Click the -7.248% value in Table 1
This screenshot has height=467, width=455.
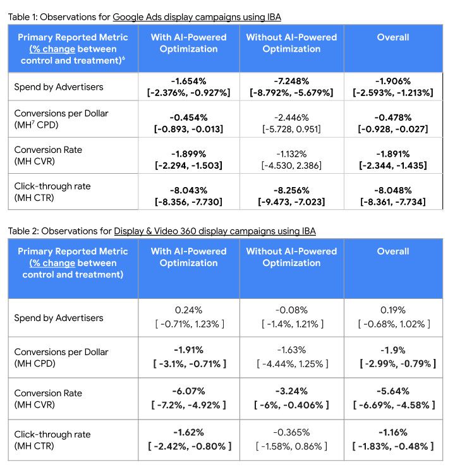pyautogui.click(x=291, y=81)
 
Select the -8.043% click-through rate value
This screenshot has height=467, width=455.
pyautogui.click(x=188, y=190)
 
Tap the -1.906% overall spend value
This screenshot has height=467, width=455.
pyautogui.click(x=393, y=81)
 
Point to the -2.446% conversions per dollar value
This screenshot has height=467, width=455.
pyautogui.click(x=291, y=118)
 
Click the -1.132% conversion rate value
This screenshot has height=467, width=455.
pyautogui.click(x=291, y=154)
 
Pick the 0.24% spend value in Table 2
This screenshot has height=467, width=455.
pyautogui.click(x=188, y=310)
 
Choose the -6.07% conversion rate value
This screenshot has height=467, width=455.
pyautogui.click(x=188, y=391)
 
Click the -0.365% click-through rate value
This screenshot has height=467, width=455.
pyautogui.click(x=291, y=432)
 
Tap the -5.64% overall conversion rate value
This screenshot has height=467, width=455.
pyautogui.click(x=393, y=391)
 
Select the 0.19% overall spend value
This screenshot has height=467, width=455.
pyautogui.click(x=393, y=310)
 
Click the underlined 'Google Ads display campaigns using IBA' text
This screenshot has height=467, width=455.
pyautogui.click(x=197, y=17)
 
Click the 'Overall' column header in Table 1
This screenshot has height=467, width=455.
pyautogui.click(x=393, y=37)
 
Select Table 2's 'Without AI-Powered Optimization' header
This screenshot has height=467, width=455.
pyautogui.click(x=291, y=257)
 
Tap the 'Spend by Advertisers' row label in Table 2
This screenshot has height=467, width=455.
pyautogui.click(x=59, y=318)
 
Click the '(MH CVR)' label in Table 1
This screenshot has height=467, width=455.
pyautogui.click(x=35, y=161)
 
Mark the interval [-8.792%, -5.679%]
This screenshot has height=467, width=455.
pyautogui.click(x=291, y=93)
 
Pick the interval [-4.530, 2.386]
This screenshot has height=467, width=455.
pyautogui.click(x=291, y=166)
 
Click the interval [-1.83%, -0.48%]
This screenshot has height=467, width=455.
pyautogui.click(x=393, y=446)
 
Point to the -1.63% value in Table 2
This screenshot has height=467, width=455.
pyautogui.click(x=291, y=350)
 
